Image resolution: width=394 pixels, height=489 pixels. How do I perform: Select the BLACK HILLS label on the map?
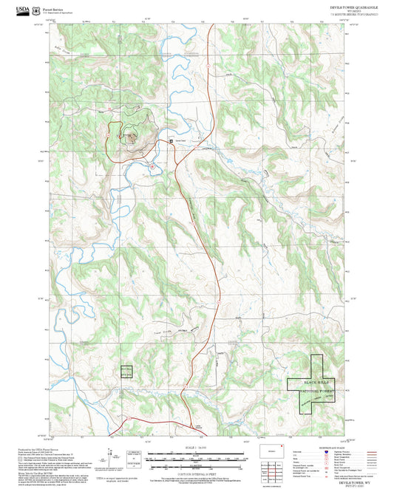click(x=315, y=381)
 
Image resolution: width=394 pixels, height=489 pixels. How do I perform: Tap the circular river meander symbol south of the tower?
click(x=152, y=166)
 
